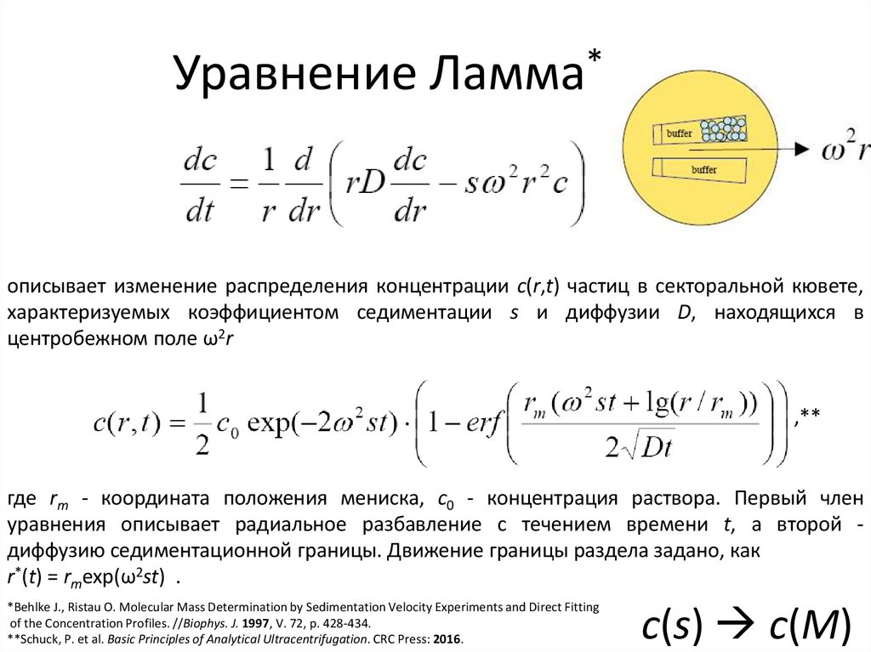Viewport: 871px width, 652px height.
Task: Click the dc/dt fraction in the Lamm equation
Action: (202, 184)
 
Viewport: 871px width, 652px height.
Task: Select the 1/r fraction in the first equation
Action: (269, 184)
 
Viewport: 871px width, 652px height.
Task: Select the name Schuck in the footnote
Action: (42, 638)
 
